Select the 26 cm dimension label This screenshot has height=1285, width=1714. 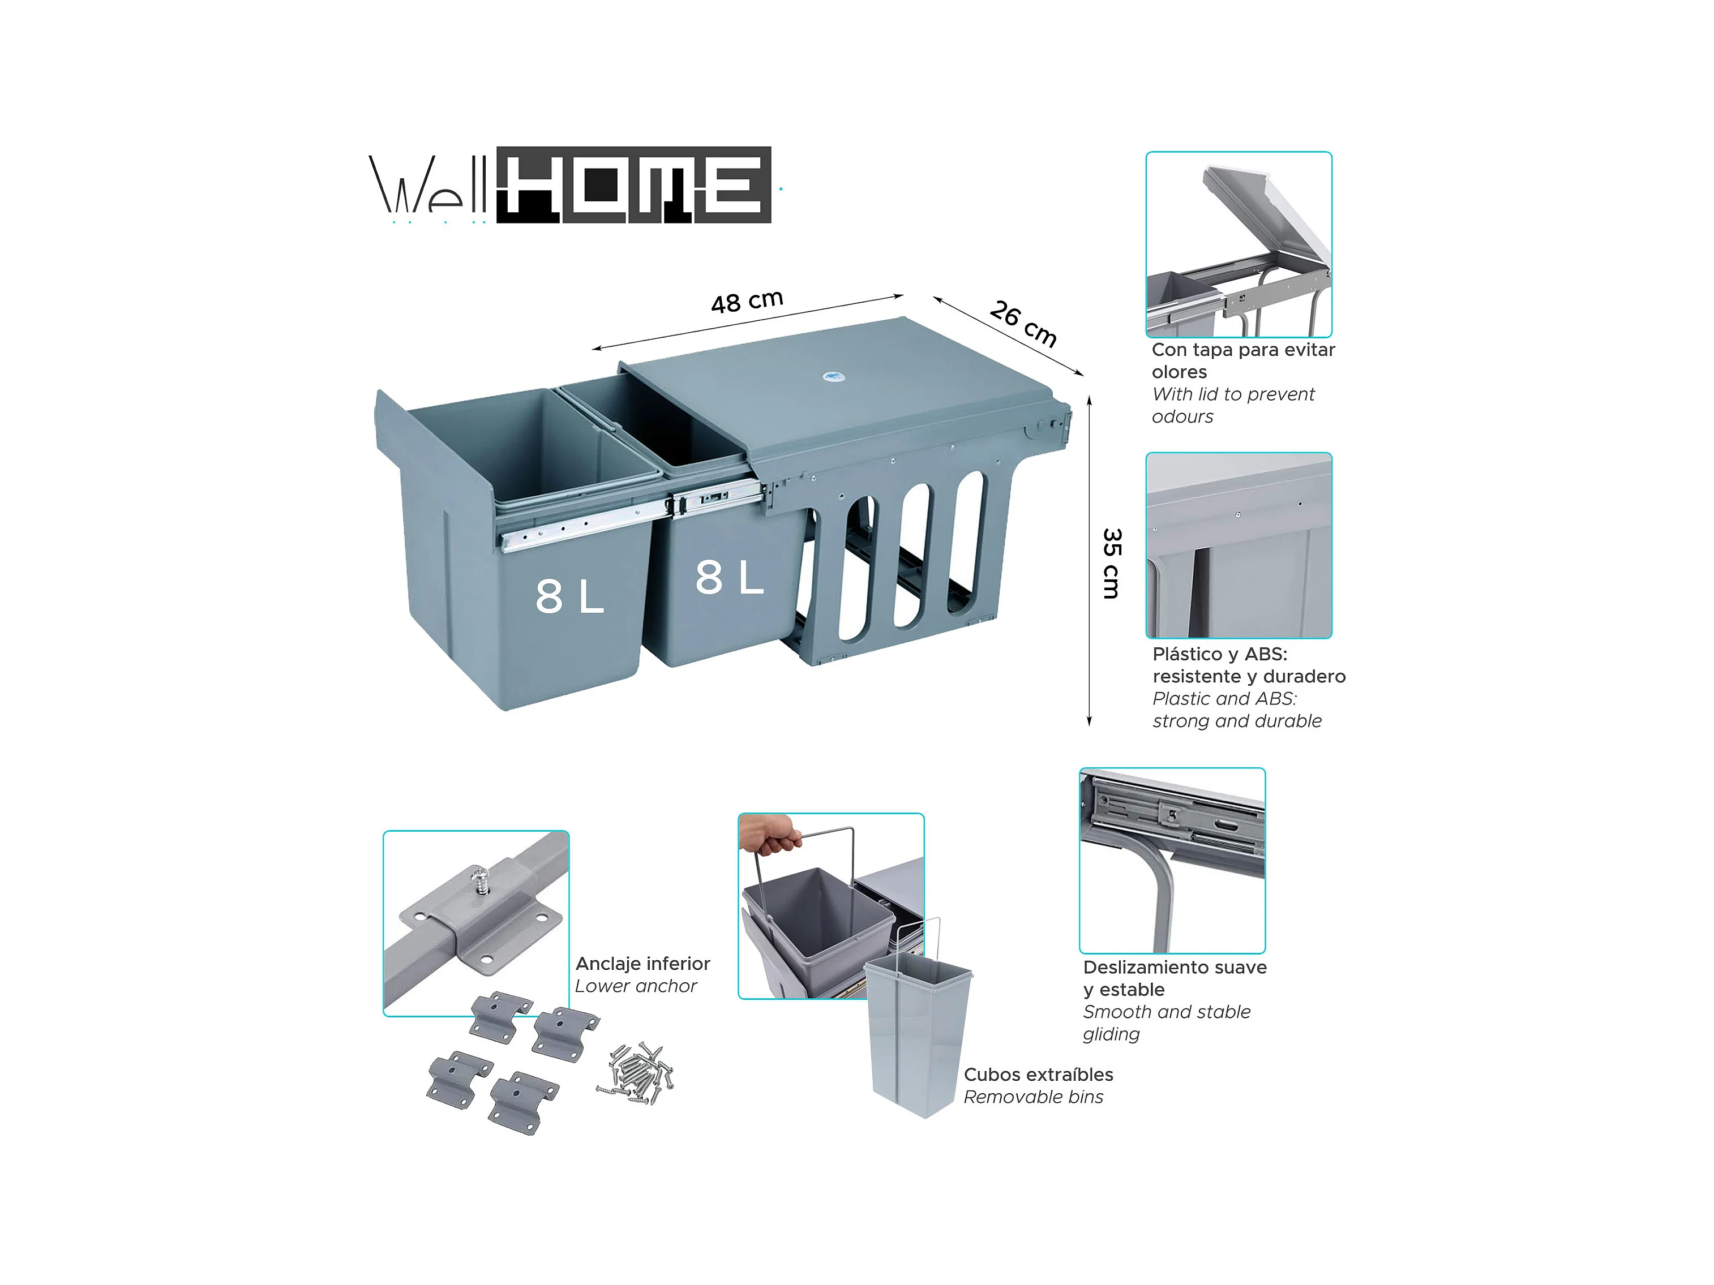coord(1023,323)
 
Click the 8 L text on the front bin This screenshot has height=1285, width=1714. coord(569,596)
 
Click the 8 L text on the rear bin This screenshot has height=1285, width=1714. coord(729,577)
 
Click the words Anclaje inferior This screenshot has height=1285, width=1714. coord(642,964)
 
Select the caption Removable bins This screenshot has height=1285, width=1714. coord(1034,1097)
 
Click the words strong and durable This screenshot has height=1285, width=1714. coord(1237,721)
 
